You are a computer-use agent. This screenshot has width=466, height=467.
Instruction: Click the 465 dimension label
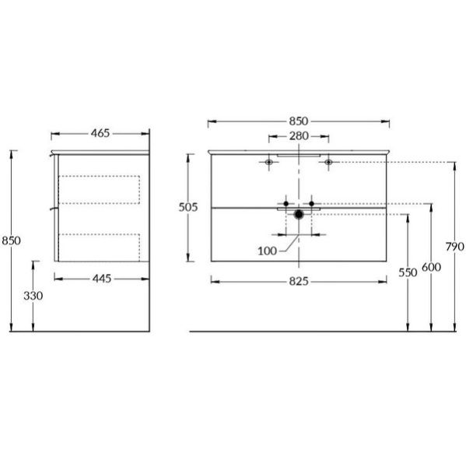[x=100, y=133]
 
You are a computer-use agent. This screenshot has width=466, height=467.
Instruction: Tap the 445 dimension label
[x=102, y=279]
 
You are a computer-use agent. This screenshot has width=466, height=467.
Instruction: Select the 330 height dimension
[x=33, y=296]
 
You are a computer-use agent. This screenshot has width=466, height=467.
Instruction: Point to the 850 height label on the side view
[x=12, y=241]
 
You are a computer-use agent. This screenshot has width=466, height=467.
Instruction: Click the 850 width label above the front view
[x=299, y=121]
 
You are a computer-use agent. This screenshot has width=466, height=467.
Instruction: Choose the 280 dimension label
[x=299, y=136]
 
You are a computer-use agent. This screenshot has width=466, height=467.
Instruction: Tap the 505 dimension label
[x=188, y=207]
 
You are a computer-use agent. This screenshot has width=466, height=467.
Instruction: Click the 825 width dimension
[x=299, y=281]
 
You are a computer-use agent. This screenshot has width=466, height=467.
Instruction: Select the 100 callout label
[x=267, y=251]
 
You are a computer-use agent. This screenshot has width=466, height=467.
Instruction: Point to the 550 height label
[x=408, y=272]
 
